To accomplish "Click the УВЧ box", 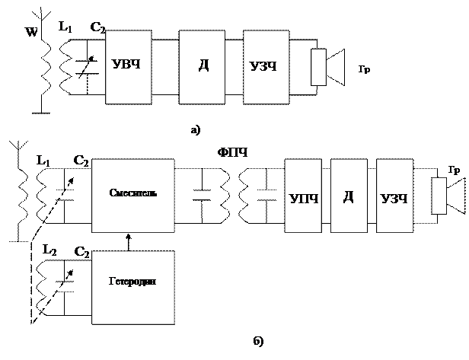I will tap(129, 67).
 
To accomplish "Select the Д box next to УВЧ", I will tap(202, 67).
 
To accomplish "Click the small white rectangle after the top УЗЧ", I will tap(318, 67).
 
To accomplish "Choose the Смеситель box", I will tap(133, 196).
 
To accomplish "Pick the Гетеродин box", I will tap(133, 287).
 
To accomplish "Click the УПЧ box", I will tap(303, 196).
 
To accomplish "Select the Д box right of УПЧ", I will tap(349, 196).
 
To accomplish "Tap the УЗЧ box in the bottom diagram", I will tap(394, 196).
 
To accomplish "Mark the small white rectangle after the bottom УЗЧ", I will tap(439, 196).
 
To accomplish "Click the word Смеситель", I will tap(133, 193).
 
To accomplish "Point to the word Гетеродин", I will tap(133, 281).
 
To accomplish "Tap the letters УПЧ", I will tap(303, 199).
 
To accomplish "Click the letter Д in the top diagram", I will tap(203, 65).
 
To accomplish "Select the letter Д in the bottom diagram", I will tap(349, 197).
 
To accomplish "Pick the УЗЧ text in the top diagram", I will tap(263, 66).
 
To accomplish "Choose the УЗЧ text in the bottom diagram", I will tap(394, 199).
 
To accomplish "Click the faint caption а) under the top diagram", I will tap(196, 130).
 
